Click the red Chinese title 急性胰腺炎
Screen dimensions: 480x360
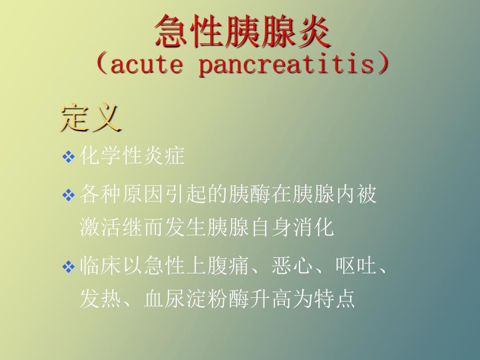click(x=243, y=31)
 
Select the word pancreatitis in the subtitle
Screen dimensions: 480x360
click(x=286, y=64)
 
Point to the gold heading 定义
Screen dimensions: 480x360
click(x=91, y=118)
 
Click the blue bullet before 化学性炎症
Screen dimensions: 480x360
click(x=68, y=157)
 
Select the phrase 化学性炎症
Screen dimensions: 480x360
click(x=132, y=155)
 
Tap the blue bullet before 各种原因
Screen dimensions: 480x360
click(x=68, y=195)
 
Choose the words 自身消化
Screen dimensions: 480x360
click(x=292, y=227)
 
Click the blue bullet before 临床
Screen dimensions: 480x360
click(x=68, y=266)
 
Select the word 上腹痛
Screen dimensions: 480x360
click(x=218, y=265)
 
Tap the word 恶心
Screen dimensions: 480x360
click(x=292, y=265)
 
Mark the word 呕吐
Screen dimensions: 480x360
click(x=356, y=265)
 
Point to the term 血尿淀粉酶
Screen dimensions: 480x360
click(x=196, y=298)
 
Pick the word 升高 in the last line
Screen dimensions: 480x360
click(x=271, y=298)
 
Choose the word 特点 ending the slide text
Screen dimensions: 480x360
click(x=334, y=298)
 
